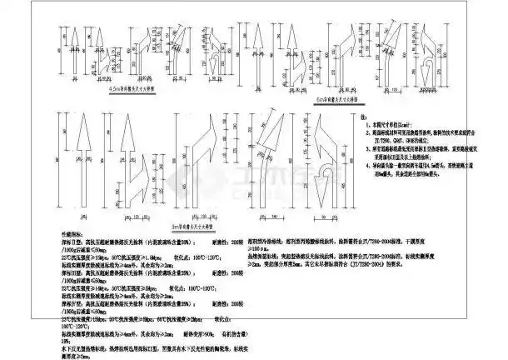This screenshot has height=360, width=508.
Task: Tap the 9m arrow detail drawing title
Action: (194, 222)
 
